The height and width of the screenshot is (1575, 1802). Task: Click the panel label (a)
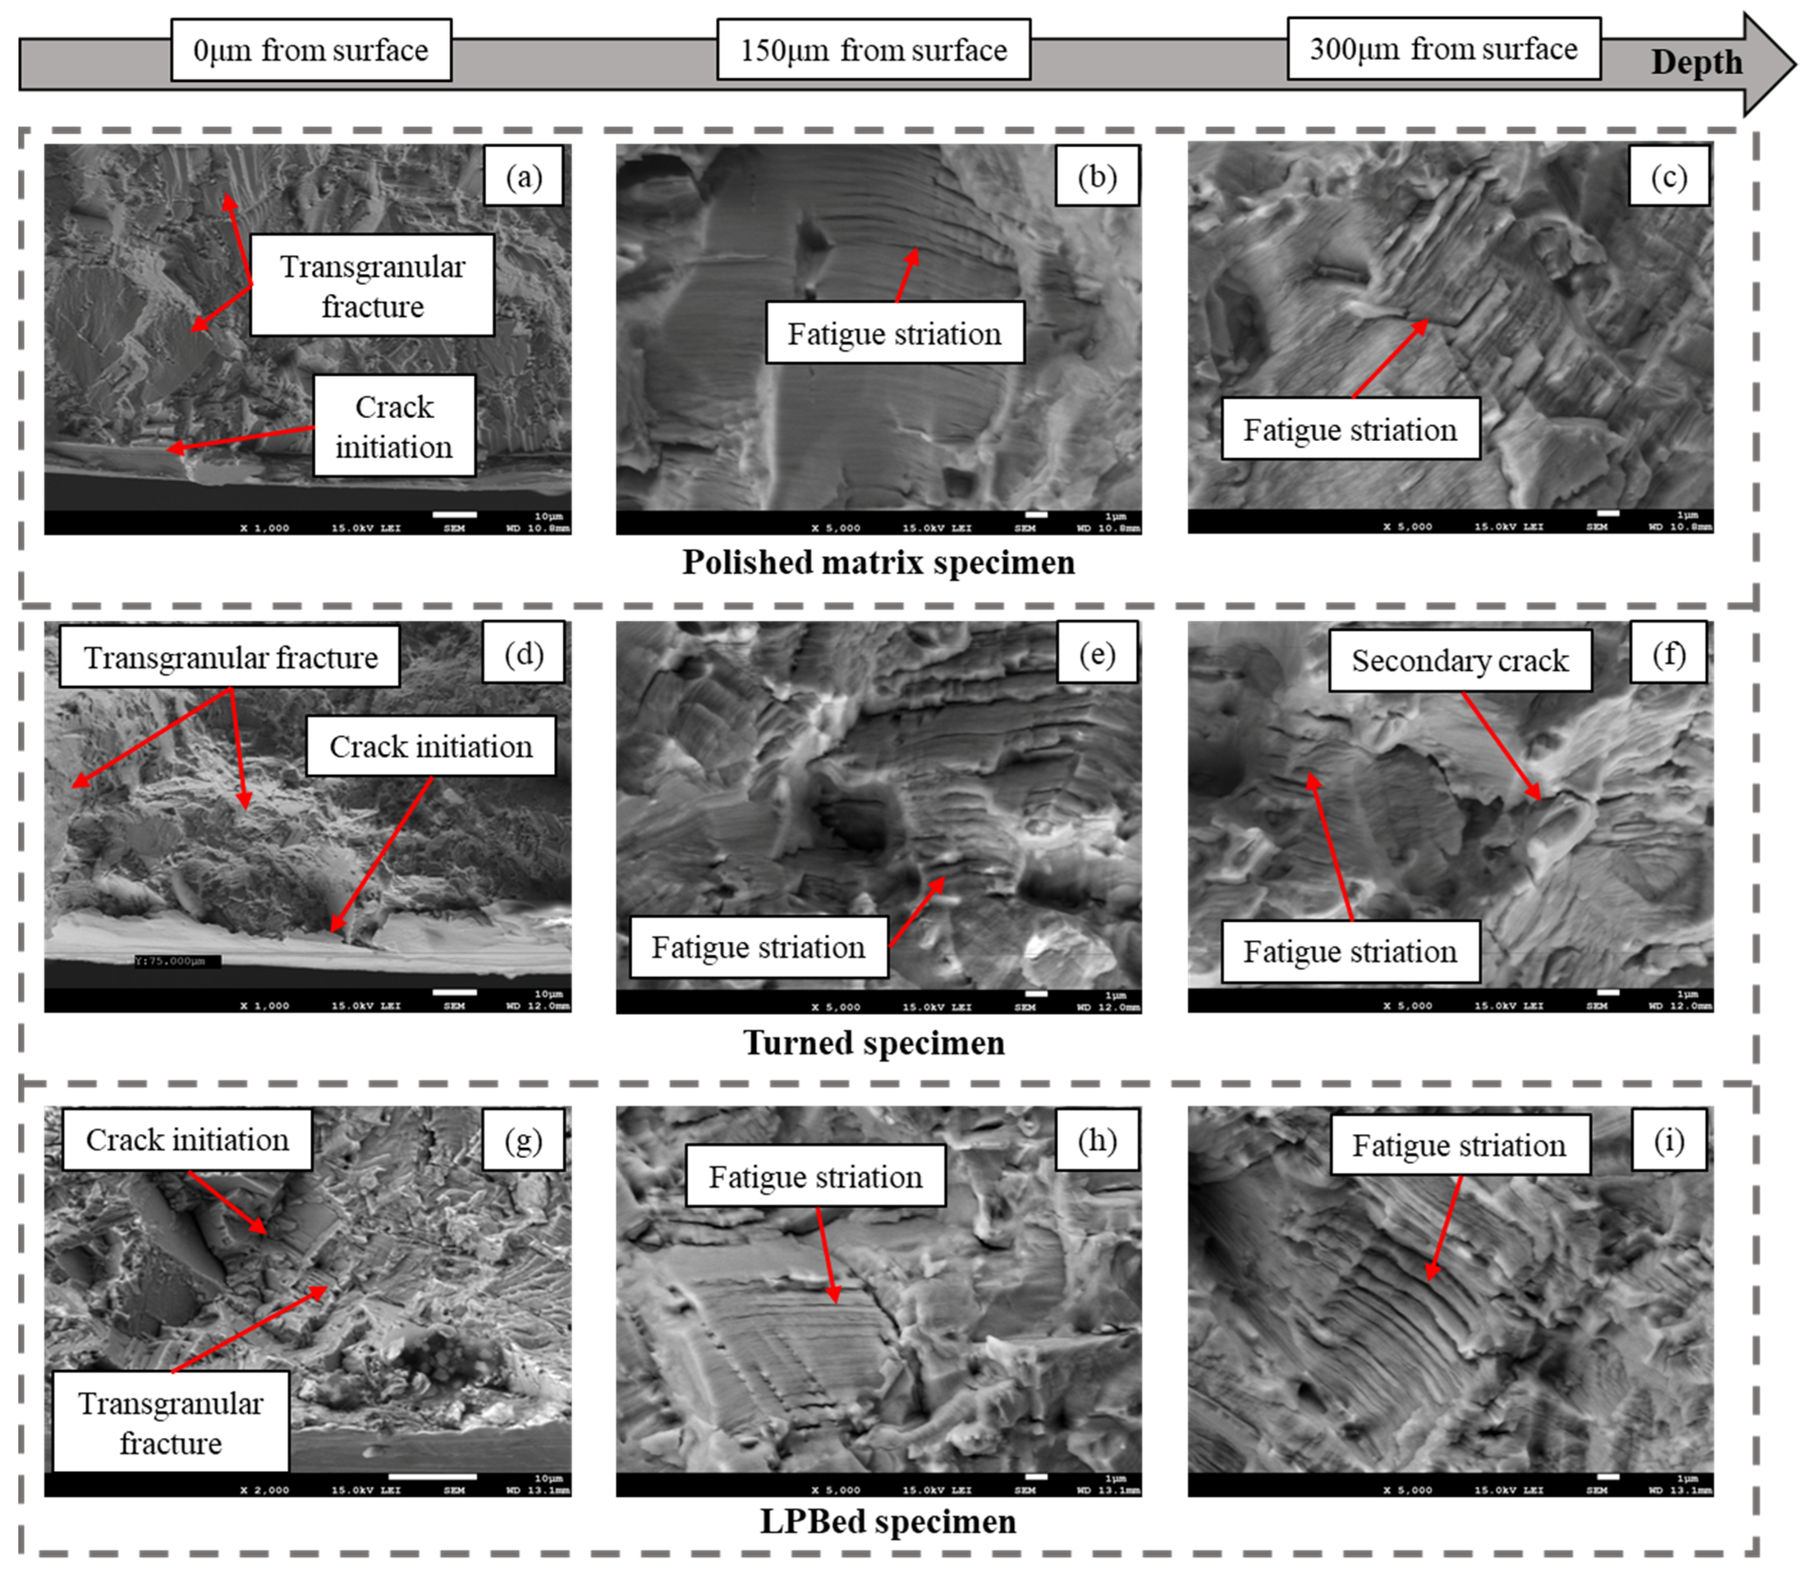(x=524, y=177)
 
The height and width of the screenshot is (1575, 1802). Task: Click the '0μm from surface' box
(x=311, y=50)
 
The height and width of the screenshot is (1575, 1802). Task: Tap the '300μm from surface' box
(x=1443, y=48)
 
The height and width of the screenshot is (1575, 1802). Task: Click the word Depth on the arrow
(x=1695, y=62)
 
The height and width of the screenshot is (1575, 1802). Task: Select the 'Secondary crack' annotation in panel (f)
(x=1459, y=660)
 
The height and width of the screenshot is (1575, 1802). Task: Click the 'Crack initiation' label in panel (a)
(x=394, y=426)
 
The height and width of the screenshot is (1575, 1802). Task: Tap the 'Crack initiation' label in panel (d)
(x=431, y=746)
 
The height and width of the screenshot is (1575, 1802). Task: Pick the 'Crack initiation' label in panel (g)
(x=187, y=1140)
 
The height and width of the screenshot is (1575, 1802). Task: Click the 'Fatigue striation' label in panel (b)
(x=894, y=334)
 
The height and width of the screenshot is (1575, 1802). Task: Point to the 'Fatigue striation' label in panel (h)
(x=816, y=1177)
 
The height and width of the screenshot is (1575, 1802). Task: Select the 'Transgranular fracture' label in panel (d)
(x=230, y=658)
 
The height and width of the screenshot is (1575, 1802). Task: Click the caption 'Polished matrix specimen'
(x=878, y=563)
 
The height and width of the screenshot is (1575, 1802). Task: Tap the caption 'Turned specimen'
(x=874, y=1042)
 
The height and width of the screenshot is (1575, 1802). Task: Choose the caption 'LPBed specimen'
(x=888, y=1521)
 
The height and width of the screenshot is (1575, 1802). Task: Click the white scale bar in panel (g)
(x=432, y=1477)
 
